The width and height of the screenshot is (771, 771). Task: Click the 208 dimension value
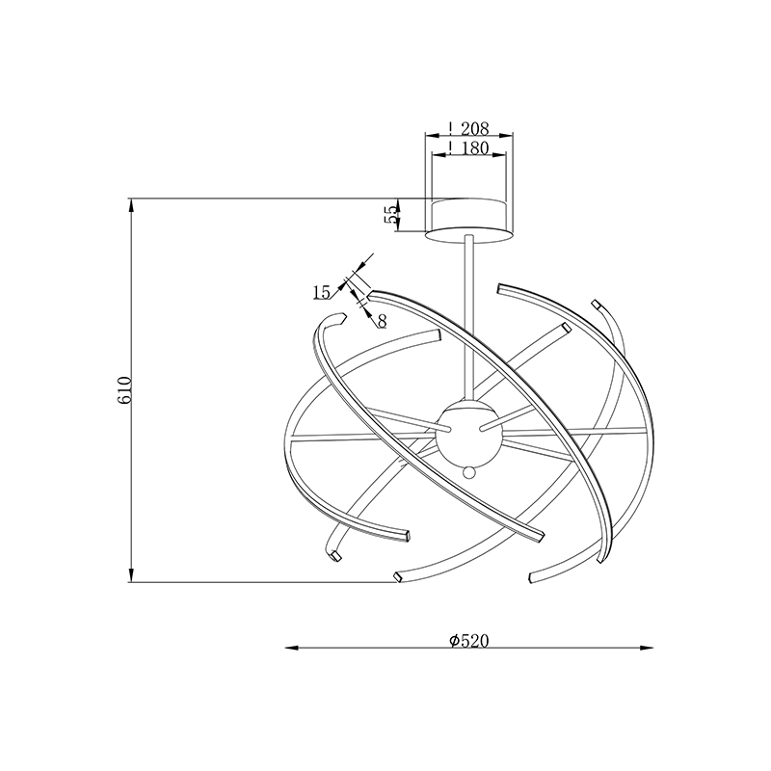point(474,129)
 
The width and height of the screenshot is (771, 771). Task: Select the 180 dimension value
point(474,148)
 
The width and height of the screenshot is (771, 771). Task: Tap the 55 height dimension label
point(391,214)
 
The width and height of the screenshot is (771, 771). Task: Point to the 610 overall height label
point(124,390)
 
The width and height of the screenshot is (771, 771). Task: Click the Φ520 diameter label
point(469,640)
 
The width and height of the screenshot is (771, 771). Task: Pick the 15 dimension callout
point(322,293)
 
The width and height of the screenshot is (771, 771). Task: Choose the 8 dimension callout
point(382,321)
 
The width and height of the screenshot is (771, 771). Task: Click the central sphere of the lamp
point(468,433)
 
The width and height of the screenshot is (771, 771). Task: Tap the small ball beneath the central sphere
point(469,472)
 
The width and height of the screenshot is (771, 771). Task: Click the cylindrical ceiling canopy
point(468,221)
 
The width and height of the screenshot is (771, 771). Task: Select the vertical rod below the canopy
point(468,318)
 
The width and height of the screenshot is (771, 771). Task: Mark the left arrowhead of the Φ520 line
point(292,648)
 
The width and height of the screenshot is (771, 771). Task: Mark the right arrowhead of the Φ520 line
point(647,648)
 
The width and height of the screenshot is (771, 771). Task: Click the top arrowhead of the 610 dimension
point(131,205)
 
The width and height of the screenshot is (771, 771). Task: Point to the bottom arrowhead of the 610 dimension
point(131,575)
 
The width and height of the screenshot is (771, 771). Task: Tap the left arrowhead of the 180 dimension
point(439,154)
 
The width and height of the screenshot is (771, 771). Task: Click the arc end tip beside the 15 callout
point(370,295)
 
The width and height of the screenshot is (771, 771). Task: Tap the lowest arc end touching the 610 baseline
point(397,577)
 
